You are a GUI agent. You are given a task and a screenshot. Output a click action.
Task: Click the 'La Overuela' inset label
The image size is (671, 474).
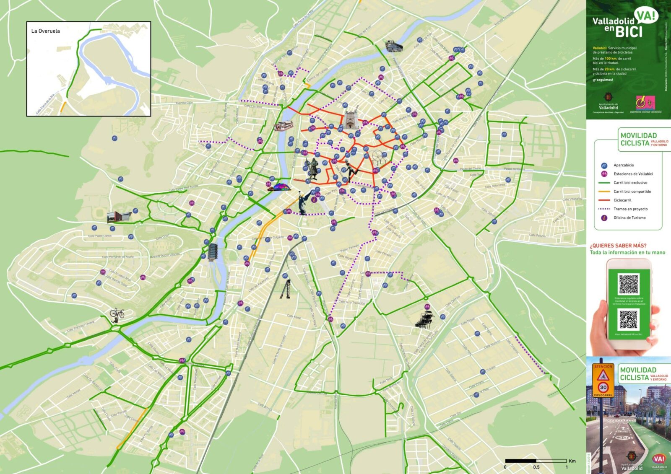[45, 31]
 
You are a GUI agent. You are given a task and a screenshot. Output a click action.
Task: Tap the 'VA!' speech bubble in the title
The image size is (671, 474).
[646, 16]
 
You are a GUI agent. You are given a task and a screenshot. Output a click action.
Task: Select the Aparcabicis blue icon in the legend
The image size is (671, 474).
[604, 165]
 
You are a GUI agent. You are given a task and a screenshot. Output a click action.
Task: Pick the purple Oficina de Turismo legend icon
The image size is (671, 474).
[604, 218]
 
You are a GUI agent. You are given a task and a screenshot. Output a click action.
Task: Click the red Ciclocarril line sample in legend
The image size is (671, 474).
[604, 200]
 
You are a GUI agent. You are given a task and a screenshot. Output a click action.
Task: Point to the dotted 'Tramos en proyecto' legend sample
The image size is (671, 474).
[604, 209]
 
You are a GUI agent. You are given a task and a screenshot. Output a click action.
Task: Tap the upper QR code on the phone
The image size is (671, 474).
[629, 284]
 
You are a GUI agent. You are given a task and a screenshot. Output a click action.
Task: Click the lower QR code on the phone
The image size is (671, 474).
[629, 320]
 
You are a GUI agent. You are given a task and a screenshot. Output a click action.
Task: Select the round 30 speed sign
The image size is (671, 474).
[603, 387]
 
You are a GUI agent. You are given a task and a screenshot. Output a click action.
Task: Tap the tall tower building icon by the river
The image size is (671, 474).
[213, 250]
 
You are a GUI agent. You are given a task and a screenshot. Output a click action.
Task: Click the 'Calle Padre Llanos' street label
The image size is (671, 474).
[100, 236]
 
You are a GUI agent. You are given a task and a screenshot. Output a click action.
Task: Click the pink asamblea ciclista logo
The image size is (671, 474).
[645, 102]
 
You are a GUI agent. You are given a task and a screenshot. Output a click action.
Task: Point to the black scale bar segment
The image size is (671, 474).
[520, 461]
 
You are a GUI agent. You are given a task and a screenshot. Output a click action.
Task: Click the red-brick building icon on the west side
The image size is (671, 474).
[119, 216]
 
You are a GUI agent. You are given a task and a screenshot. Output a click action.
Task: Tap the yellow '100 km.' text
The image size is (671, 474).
[610, 59]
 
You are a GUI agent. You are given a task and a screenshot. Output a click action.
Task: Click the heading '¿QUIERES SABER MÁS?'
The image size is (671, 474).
[618, 246]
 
